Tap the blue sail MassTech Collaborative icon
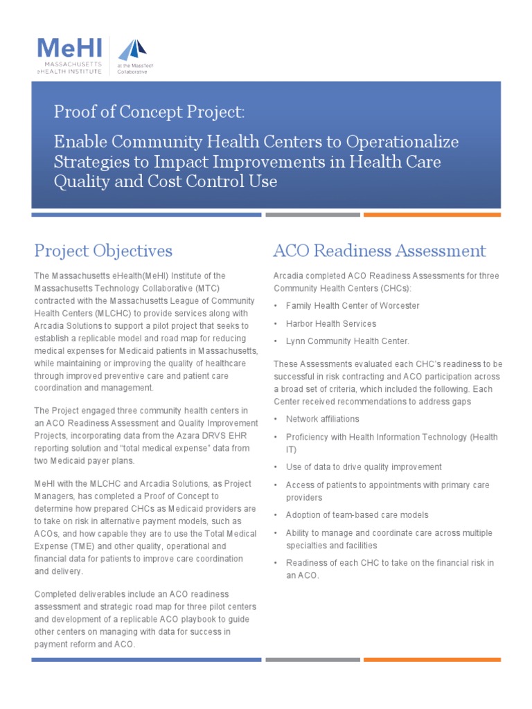(x=132, y=50)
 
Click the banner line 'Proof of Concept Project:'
(x=149, y=112)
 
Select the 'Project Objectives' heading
(x=103, y=250)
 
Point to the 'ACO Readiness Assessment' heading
(x=380, y=250)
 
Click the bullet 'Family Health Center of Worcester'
(x=353, y=305)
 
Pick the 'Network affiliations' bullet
(x=322, y=419)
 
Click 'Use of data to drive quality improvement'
(x=364, y=467)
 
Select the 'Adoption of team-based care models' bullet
(x=357, y=515)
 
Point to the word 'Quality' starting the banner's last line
(x=78, y=181)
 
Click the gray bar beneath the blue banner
(x=312, y=215)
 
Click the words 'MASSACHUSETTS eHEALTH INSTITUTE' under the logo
(x=69, y=68)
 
